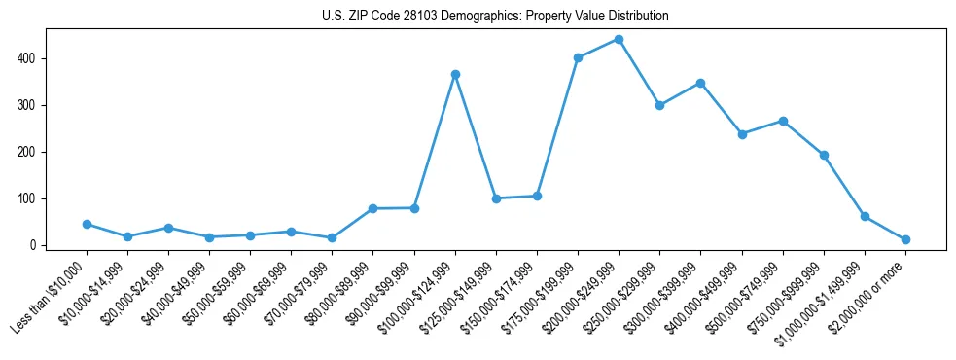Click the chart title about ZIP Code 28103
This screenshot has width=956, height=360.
tap(495, 17)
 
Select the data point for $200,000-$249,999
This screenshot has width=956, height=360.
tap(619, 40)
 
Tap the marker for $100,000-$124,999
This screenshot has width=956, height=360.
tap(455, 74)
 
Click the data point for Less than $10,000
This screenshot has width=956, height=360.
tap(87, 224)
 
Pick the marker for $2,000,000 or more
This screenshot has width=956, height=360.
tap(905, 239)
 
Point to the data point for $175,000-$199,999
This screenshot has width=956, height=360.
tap(578, 57)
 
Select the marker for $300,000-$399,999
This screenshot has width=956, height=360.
tap(700, 83)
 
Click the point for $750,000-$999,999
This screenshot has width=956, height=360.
tap(824, 155)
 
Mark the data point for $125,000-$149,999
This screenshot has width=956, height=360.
tap(496, 198)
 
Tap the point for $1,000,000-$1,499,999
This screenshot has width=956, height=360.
tap(865, 216)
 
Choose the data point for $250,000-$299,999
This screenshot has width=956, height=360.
tap(659, 105)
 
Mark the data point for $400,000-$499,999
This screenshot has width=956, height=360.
tap(742, 134)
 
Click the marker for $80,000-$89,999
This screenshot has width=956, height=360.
tap(372, 208)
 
